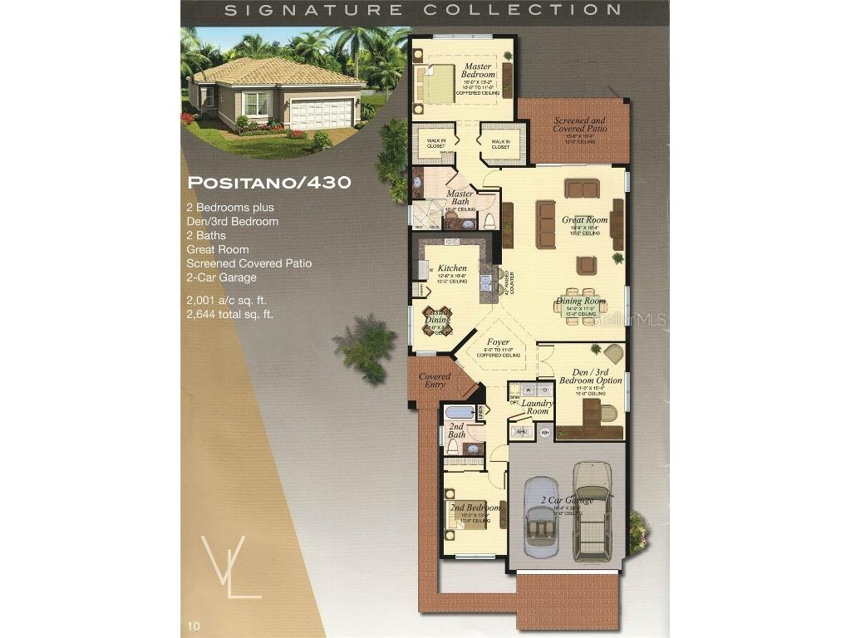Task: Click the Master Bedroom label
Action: (x=478, y=71)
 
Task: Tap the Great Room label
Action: (x=584, y=220)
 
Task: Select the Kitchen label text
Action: (x=452, y=268)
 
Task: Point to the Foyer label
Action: (x=498, y=342)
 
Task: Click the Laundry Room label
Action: (x=537, y=407)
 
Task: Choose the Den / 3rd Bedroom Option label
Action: (x=590, y=375)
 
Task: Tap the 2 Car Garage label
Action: (x=567, y=500)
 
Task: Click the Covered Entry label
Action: (x=434, y=380)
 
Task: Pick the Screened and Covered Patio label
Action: (x=580, y=125)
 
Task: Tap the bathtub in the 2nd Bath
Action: (x=457, y=412)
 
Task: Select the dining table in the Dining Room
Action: (x=580, y=306)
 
